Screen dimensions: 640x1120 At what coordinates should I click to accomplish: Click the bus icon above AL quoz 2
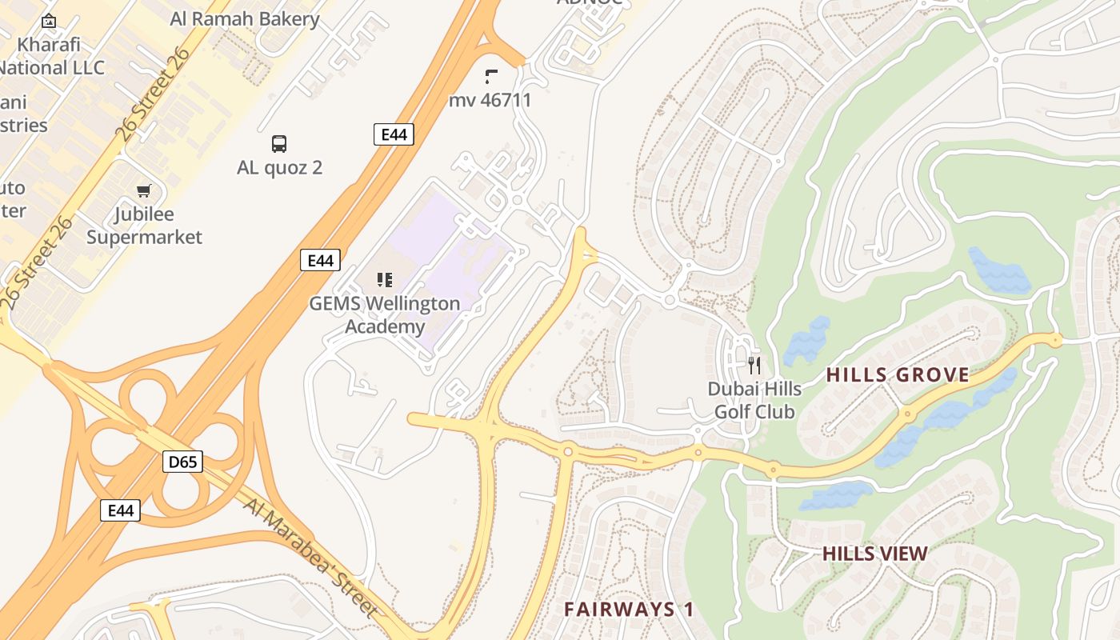coord(278,144)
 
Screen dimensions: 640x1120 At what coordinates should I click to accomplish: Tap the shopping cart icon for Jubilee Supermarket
coord(144,190)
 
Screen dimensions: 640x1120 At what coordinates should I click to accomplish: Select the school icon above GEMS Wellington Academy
coord(385,279)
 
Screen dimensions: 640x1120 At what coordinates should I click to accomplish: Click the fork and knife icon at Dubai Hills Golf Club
coord(754,366)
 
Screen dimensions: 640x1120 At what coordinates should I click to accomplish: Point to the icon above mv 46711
coord(490,77)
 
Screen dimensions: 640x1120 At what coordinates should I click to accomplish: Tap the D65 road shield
coord(183,462)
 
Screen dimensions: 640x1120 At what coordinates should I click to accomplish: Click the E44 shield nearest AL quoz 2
coord(394,134)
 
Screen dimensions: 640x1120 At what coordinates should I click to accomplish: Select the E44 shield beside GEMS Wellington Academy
coord(320,260)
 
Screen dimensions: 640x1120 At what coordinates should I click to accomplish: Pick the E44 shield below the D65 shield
coord(120,510)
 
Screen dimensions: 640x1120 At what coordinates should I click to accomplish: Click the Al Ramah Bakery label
coord(245,19)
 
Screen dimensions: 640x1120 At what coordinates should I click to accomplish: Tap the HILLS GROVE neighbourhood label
coord(898,374)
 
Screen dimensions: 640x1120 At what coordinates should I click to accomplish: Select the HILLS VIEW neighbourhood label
coord(875,554)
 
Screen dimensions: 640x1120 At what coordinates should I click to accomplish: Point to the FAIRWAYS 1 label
coord(629,609)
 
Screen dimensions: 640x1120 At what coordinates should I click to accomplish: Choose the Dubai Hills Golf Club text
coord(754,400)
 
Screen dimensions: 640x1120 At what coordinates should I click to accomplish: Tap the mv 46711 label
coord(490,101)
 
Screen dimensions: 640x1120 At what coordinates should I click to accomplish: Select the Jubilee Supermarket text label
coord(144,226)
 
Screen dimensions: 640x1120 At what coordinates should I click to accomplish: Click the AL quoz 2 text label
coord(279,168)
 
